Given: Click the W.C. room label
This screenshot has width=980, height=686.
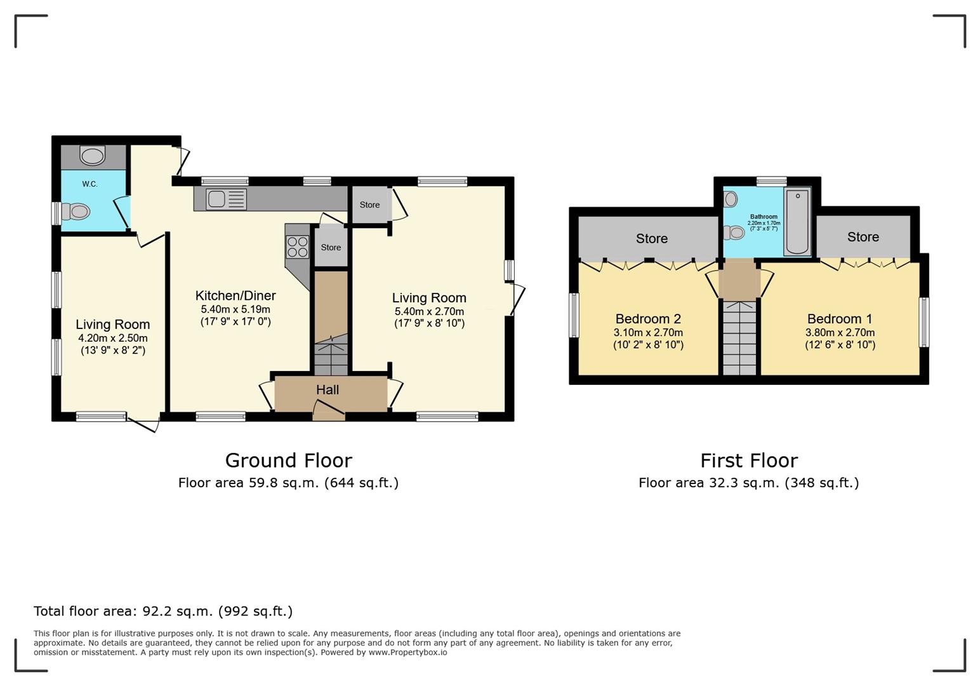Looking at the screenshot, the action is click(89, 184).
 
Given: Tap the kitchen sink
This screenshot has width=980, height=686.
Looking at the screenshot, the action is click(227, 199).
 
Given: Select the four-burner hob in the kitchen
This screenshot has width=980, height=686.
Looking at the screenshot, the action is click(298, 247).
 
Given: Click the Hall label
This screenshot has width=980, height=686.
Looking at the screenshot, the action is click(328, 389).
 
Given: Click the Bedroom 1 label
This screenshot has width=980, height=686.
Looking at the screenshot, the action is click(840, 318).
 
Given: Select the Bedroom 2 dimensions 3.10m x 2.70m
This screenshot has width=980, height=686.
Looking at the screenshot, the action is click(649, 332).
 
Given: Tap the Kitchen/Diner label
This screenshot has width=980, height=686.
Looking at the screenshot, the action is click(235, 295).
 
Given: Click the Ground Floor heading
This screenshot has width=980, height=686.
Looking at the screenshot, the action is click(288, 461).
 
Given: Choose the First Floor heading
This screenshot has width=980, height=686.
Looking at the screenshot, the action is click(749, 461).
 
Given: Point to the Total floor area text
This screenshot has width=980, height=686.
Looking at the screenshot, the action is click(163, 611).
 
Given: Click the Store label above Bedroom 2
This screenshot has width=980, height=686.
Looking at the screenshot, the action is click(651, 238).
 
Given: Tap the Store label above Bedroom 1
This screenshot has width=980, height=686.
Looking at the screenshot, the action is click(863, 237).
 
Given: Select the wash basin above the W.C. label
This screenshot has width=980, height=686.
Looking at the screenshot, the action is click(92, 156).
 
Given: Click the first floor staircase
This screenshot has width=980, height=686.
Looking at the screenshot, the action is click(739, 337).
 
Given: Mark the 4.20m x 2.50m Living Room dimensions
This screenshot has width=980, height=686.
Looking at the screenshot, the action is click(113, 338).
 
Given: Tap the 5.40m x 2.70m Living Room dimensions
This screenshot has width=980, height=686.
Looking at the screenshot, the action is click(429, 311).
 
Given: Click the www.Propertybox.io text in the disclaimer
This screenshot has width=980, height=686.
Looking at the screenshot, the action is click(407, 652).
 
